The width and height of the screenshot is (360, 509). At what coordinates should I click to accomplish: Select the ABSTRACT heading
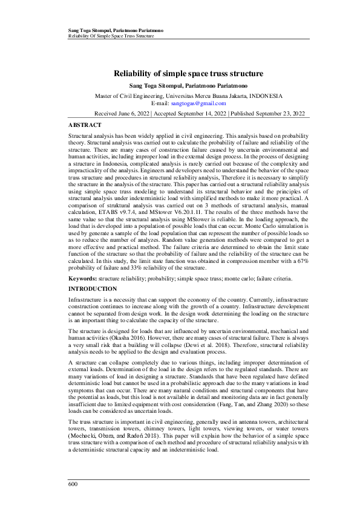point(83,123)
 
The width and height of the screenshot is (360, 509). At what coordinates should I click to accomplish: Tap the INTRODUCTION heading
point(93,290)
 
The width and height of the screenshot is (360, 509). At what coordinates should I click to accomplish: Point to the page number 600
point(73,484)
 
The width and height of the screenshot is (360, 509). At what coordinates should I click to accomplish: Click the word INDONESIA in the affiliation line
point(261,96)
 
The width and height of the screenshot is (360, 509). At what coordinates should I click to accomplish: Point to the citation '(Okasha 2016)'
point(142,337)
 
